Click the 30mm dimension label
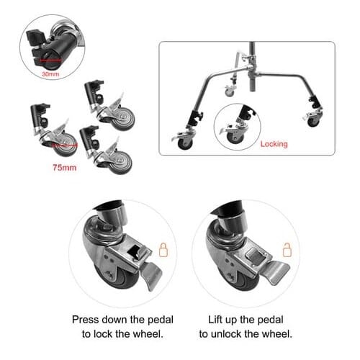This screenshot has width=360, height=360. (50, 74)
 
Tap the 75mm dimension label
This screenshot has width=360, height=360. (65, 168)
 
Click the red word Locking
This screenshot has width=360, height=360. (274, 144)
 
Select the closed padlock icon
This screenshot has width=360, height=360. (163, 250)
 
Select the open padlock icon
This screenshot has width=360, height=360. (287, 250)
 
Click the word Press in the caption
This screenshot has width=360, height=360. (85, 320)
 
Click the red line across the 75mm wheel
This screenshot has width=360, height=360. (64, 145)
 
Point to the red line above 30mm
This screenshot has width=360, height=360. (50, 60)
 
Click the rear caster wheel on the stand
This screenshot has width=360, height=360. (230, 92)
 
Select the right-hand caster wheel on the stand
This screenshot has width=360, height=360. (313, 121)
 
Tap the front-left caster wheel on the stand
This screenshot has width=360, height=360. (185, 143)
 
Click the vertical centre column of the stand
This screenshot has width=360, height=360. (252, 67)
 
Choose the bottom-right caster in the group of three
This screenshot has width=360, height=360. (106, 150)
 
